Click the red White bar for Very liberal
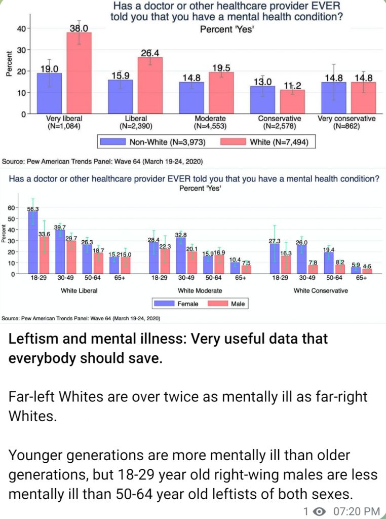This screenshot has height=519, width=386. (79, 73)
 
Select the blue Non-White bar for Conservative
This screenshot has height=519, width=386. (262, 100)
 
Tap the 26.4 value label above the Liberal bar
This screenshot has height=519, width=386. (150, 53)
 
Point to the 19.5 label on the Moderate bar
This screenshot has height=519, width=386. (221, 68)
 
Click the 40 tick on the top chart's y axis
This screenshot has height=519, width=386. (21, 29)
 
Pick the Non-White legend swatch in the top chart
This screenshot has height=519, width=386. (113, 142)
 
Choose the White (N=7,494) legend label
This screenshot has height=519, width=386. (279, 142)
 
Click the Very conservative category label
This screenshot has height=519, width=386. (346, 119)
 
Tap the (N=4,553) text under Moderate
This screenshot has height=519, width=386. (210, 126)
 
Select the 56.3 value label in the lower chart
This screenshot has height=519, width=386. (33, 209)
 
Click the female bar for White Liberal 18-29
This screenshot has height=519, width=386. (33, 243)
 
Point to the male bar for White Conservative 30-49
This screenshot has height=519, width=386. (313, 270)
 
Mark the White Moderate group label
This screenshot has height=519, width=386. (200, 290)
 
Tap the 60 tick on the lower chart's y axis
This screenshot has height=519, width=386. (11, 208)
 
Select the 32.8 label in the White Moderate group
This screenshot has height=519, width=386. (181, 235)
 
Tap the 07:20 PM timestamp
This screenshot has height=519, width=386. (356, 511)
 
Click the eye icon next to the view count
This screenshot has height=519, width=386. (319, 511)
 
